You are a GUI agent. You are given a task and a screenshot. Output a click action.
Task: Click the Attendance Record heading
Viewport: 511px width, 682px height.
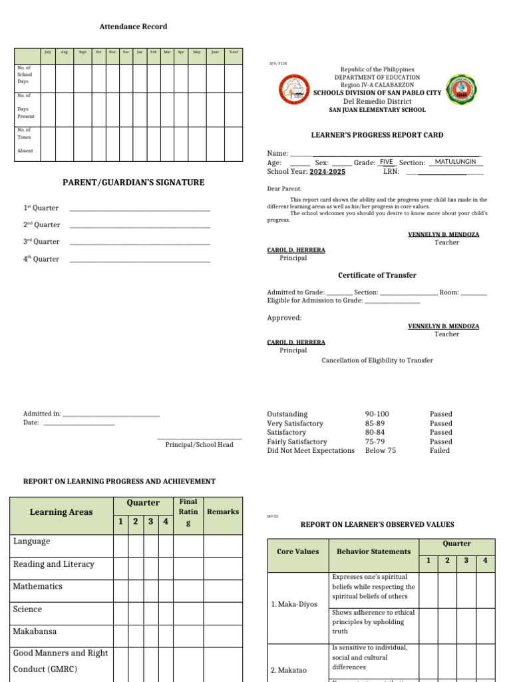tap(133, 27)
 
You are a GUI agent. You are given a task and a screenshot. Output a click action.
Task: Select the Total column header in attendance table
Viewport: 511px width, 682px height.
tap(233, 52)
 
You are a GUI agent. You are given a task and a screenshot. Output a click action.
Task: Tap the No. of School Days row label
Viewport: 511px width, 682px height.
tap(24, 75)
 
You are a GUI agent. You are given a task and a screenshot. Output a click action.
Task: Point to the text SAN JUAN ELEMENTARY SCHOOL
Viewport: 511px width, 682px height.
tap(377, 110)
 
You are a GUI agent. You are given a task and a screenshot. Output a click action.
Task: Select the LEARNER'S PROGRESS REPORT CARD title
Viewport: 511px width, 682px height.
tap(377, 135)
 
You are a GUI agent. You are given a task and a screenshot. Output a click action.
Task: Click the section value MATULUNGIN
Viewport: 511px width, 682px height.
tap(455, 162)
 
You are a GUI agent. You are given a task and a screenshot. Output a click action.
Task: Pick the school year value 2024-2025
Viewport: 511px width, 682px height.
tap(327, 172)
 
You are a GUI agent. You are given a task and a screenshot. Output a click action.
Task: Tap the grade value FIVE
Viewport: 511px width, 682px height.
tap(387, 162)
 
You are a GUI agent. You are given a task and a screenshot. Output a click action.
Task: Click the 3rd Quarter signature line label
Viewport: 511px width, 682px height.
tap(41, 242)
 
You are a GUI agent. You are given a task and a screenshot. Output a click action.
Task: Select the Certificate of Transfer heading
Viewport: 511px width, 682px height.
tap(377, 275)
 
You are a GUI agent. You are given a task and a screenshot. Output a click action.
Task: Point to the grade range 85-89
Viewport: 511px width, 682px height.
tap(375, 424)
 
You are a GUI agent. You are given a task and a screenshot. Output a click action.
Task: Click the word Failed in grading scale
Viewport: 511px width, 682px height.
tap(440, 451)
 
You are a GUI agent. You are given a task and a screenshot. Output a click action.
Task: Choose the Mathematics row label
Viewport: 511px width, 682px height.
tap(38, 587)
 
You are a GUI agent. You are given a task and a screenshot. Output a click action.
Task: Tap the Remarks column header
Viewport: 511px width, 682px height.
tap(223, 511)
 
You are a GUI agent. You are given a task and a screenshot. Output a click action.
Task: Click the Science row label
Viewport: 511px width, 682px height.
tap(27, 609)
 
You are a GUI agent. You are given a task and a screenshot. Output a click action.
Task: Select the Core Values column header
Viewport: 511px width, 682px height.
tap(297, 551)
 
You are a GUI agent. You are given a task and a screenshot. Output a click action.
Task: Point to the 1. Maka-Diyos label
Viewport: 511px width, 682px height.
tap(294, 605)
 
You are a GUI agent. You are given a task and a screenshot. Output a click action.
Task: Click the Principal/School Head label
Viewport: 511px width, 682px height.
tap(199, 445)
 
